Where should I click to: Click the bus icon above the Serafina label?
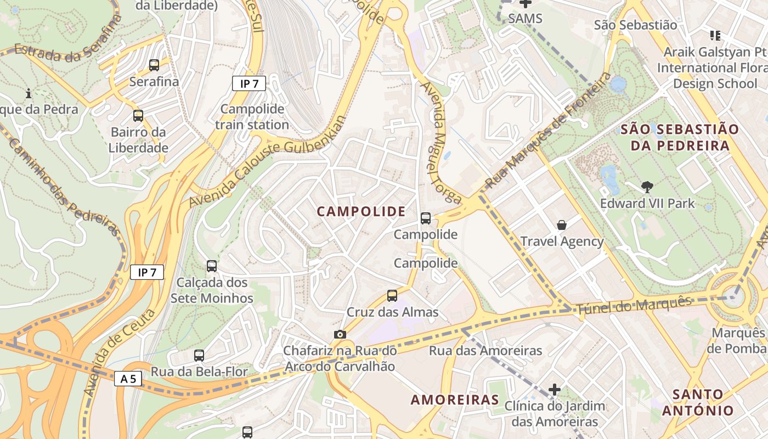tap(154, 65)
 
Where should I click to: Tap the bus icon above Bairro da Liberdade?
tap(138, 116)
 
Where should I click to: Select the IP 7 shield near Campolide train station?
tap(249, 83)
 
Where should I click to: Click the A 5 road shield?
tap(128, 379)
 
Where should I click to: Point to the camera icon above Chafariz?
tap(340, 334)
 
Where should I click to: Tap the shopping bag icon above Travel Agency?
tap(562, 225)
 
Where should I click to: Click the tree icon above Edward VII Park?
tap(647, 187)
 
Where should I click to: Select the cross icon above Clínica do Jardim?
tap(555, 390)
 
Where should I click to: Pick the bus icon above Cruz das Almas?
tap(392, 296)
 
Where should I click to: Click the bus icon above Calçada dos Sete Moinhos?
tap(212, 266)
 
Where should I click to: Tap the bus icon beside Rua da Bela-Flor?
tap(199, 355)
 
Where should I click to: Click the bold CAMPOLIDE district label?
tap(362, 211)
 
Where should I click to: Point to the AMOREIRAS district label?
tap(455, 399)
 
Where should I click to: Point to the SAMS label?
tap(525, 19)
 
